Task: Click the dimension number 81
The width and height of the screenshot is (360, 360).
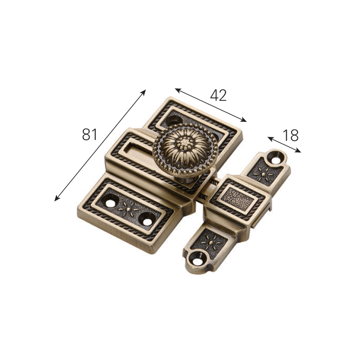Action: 90,134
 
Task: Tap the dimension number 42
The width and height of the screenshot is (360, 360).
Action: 218,95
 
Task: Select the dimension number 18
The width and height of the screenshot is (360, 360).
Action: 291,135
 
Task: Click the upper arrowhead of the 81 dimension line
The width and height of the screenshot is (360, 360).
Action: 144,92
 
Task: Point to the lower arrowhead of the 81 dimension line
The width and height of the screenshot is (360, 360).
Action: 57,198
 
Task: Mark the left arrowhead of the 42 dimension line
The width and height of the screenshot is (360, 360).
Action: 178,90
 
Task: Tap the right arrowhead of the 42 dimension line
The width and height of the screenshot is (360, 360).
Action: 243,120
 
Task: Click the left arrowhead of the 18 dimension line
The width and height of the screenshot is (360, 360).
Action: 270,138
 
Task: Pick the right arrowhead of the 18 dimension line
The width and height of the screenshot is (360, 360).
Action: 298,151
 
